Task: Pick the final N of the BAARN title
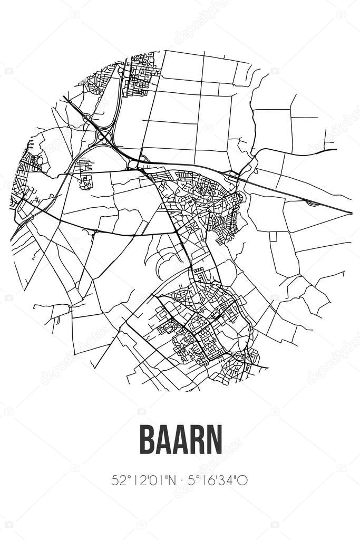coord(215,440)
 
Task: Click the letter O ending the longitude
coord(244,480)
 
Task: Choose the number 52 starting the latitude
coord(118,480)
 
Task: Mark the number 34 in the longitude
coord(230,480)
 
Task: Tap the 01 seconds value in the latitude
coord(155,480)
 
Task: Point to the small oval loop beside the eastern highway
coord(313,202)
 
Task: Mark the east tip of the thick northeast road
coord(336,150)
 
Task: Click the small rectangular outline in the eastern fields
coord(273,236)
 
